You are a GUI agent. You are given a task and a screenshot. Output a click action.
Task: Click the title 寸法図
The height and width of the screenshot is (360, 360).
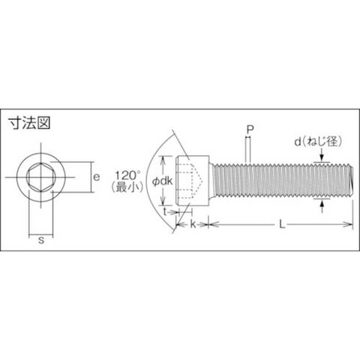pyautogui.click(x=29, y=123)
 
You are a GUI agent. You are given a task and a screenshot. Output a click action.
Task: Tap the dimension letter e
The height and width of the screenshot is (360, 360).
pyautogui.click(x=96, y=177)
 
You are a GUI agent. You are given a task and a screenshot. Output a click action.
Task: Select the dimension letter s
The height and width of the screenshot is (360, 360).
pyautogui.click(x=41, y=240)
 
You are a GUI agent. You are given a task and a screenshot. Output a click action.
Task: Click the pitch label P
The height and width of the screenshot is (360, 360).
pyautogui.click(x=250, y=130)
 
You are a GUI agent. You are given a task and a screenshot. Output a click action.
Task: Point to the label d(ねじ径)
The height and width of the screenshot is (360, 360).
pyautogui.click(x=318, y=142)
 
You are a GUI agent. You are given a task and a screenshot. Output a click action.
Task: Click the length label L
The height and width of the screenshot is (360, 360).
pyautogui.click(x=282, y=224)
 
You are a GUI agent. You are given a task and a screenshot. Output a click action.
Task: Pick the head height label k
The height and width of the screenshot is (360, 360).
pyautogui.click(x=193, y=224)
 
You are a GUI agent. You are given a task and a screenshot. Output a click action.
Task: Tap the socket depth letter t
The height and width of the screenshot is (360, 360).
pyautogui.click(x=165, y=212)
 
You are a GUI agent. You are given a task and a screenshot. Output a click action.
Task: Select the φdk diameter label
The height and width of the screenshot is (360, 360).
pyautogui.click(x=163, y=181)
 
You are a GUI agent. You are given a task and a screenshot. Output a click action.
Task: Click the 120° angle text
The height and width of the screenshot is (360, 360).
pyautogui.click(x=127, y=175)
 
